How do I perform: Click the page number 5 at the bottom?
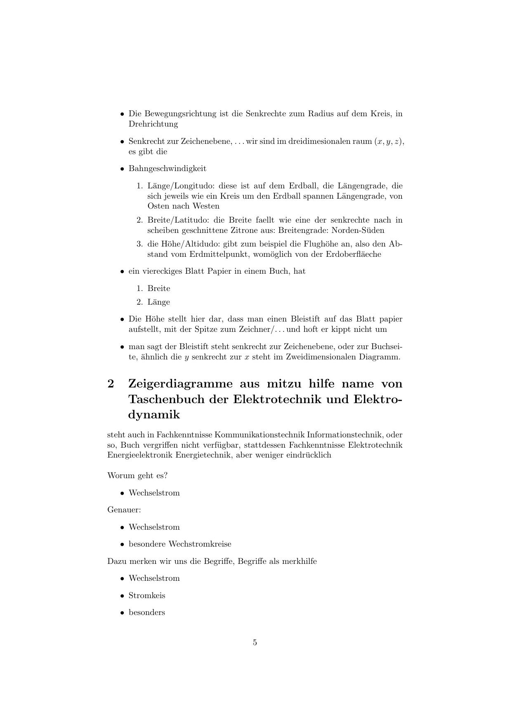pyautogui.click(x=255, y=642)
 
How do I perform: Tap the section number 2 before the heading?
pyautogui.click(x=111, y=384)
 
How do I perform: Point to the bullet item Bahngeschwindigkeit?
pyautogui.click(x=168, y=168)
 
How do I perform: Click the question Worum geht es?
pyautogui.click(x=137, y=475)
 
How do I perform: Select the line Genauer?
pyautogui.click(x=124, y=509)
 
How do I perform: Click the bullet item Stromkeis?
pyautogui.click(x=147, y=595)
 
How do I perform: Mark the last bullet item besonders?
pyautogui.click(x=147, y=612)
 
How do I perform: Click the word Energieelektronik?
pyautogui.click(x=140, y=455)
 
